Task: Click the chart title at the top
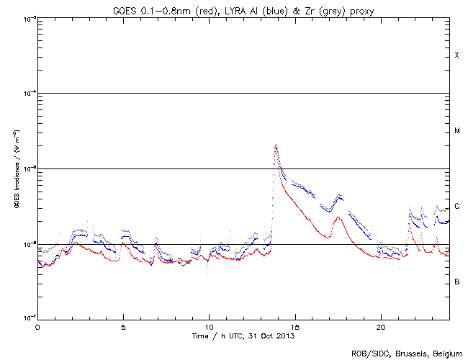(x=243, y=8)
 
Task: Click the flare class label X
(x=456, y=55)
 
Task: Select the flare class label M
(x=456, y=131)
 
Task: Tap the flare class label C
(x=456, y=206)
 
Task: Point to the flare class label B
(x=456, y=282)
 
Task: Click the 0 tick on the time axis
(x=37, y=326)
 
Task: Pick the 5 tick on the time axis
(x=123, y=326)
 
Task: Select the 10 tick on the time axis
(x=209, y=326)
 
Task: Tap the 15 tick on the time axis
(x=294, y=326)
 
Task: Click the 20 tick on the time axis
(x=380, y=326)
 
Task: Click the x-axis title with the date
(x=243, y=336)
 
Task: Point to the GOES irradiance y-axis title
(x=16, y=169)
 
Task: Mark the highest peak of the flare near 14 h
(x=276, y=145)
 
